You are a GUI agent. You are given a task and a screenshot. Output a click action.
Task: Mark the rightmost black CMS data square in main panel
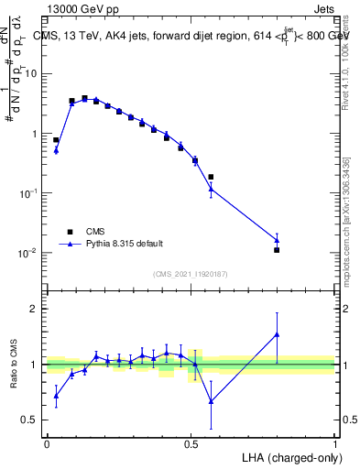point(277,249)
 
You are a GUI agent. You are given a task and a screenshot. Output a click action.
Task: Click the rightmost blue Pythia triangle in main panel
point(277,240)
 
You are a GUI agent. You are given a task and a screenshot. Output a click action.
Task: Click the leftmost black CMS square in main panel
point(56,140)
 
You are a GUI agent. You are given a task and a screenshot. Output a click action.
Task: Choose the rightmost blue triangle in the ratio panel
point(277,334)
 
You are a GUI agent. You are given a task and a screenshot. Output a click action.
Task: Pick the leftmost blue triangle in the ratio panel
point(56,395)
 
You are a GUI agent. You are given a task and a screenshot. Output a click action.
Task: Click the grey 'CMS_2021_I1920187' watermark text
point(191,272)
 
